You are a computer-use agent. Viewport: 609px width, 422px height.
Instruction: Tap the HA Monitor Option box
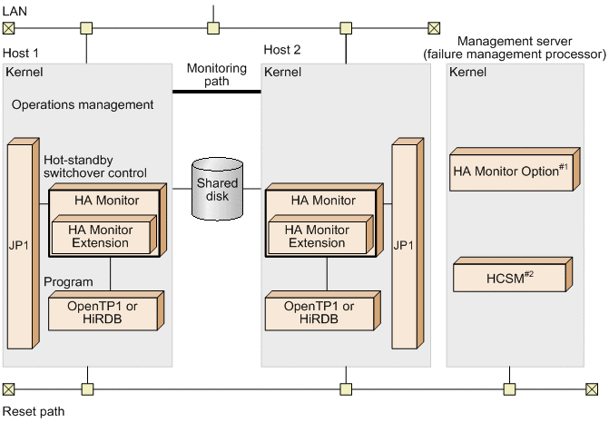(x=511, y=171)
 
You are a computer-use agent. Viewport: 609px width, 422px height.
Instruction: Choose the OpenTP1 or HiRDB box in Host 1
(x=103, y=313)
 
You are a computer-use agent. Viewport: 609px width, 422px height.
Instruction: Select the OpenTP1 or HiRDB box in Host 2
(x=319, y=313)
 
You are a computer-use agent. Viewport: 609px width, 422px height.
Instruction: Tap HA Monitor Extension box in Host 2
(x=317, y=237)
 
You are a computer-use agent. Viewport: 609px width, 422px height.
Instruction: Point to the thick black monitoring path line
(x=216, y=92)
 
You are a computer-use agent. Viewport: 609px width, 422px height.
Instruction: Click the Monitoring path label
(x=216, y=74)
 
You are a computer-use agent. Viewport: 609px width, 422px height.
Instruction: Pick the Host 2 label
(x=282, y=48)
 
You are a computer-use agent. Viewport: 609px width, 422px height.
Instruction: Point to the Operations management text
(x=83, y=104)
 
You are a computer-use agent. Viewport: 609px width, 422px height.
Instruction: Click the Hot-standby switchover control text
(x=95, y=165)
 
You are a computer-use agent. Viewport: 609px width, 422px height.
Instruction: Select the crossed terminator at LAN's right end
(x=434, y=27)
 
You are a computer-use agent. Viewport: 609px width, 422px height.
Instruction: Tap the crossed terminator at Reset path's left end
(x=8, y=389)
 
